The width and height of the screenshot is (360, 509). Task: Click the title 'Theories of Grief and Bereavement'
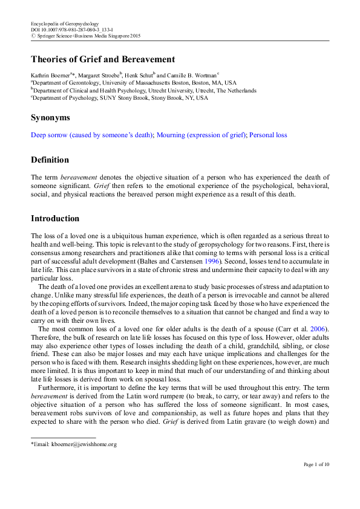[x=103, y=59]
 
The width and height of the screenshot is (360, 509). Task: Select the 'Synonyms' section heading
[x=51, y=117]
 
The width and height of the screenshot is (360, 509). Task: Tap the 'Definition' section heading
[x=50, y=160]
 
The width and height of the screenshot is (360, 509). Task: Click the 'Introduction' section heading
[x=55, y=218]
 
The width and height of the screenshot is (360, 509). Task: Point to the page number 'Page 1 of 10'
[x=316, y=481]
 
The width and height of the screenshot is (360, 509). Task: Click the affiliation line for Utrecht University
[x=144, y=89]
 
